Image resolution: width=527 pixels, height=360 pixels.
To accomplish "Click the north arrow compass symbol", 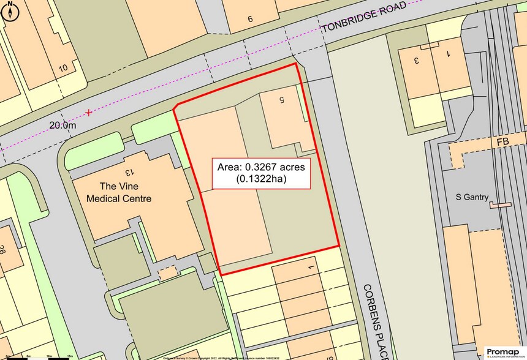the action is [12, 12].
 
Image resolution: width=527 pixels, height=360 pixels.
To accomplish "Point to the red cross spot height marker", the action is [89, 113].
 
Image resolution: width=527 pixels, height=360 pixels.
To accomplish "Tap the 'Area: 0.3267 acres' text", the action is [262, 167].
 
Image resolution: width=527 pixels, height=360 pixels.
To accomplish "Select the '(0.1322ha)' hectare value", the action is [262, 179].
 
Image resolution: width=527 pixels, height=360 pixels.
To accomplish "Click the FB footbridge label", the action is [503, 141].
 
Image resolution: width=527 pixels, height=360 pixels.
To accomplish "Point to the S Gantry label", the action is [471, 197].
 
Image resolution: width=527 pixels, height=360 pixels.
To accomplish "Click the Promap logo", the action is [502, 351].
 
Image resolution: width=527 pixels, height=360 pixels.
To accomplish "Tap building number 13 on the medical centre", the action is [129, 174].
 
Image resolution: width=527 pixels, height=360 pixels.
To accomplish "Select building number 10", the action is [63, 68].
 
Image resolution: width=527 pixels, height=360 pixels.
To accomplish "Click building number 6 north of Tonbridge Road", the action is [250, 18].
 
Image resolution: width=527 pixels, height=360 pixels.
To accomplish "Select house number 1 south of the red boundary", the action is [311, 268].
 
